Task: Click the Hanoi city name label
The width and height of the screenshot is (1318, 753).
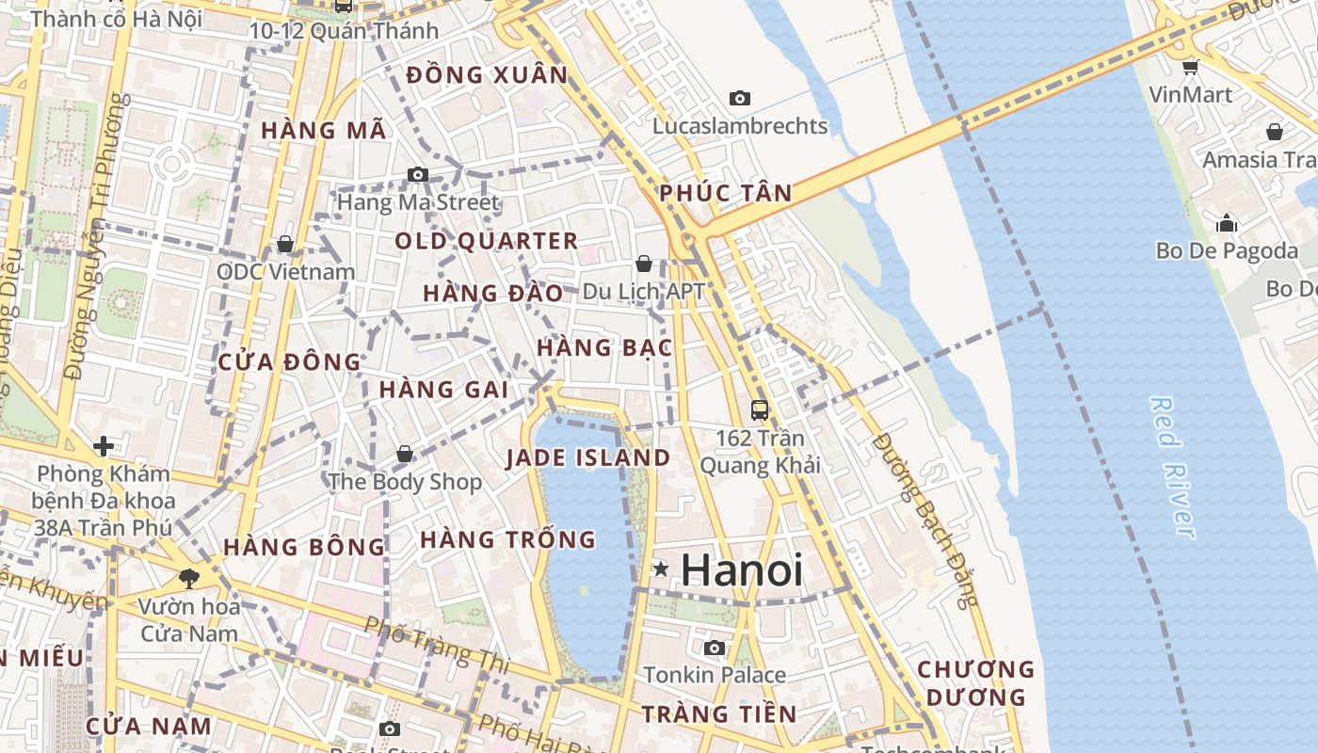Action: point(742,570)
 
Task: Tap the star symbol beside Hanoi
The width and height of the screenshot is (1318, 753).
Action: point(662,569)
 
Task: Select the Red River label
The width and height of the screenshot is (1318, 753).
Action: point(1173,467)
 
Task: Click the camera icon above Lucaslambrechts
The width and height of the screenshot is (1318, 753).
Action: point(740,98)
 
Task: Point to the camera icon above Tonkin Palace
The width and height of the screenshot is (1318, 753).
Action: point(715,648)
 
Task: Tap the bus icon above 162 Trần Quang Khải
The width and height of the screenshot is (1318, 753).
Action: point(760,409)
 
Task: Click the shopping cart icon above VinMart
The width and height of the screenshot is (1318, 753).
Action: point(1190,66)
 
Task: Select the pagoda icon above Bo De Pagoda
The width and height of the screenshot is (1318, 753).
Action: point(1227,223)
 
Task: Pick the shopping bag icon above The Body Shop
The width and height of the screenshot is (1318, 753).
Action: point(405,454)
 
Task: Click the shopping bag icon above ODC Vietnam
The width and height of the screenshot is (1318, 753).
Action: point(285,244)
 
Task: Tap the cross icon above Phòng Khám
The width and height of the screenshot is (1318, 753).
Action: point(104,445)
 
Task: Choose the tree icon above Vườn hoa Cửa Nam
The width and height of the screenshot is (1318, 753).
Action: point(189,578)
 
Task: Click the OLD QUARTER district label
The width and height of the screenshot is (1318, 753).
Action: point(486,241)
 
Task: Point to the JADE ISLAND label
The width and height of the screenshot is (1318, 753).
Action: point(587,458)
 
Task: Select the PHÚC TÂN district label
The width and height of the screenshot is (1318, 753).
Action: point(725,193)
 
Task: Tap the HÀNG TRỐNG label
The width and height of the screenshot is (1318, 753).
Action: point(507,539)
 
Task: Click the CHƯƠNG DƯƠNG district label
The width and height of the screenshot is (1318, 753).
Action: point(975,683)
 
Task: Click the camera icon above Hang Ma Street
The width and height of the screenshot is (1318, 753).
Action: point(418,174)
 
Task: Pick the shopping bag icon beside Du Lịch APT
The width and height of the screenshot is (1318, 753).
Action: point(644,264)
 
